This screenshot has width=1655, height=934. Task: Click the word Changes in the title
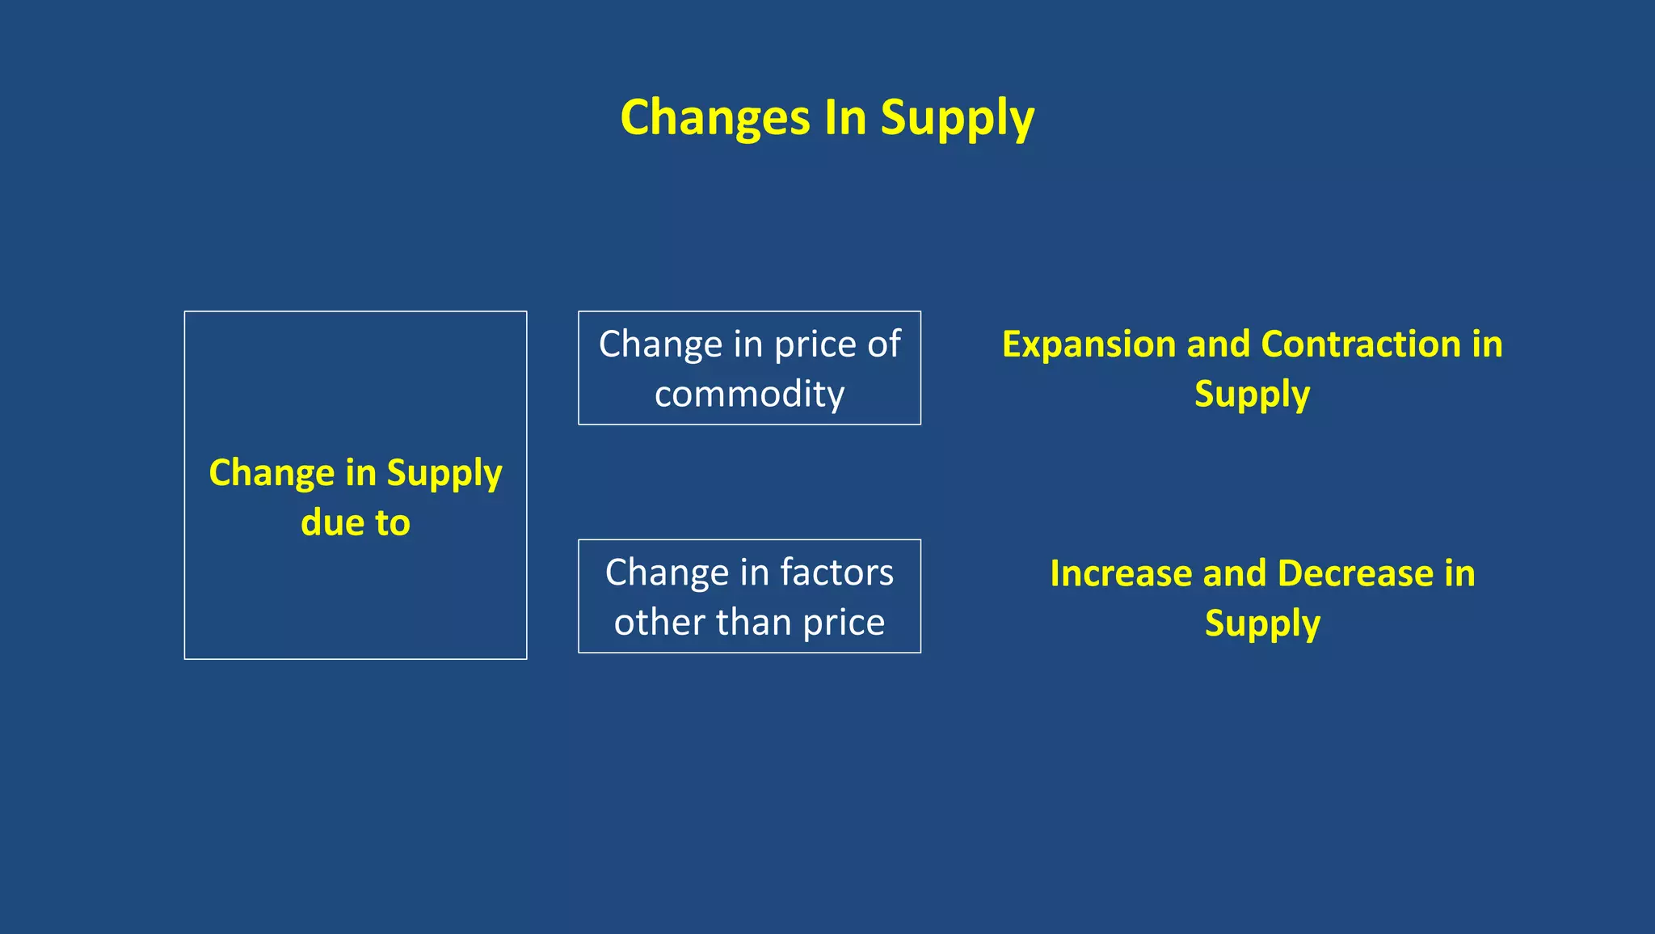pyautogui.click(x=714, y=119)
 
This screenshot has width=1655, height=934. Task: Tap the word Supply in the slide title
pyautogui.click(x=957, y=119)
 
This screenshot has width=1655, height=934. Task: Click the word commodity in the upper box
pyautogui.click(x=749, y=395)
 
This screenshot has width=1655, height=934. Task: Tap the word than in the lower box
pyautogui.click(x=753, y=623)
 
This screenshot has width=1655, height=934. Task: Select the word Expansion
pyautogui.click(x=1088, y=345)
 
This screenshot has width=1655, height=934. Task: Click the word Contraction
pyautogui.click(x=1360, y=344)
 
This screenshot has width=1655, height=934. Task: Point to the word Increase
pyautogui.click(x=1119, y=574)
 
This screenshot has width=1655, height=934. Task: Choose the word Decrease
pyautogui.click(x=1355, y=574)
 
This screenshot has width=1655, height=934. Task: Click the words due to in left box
pyautogui.click(x=356, y=523)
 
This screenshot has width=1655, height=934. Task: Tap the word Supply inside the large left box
pyautogui.click(x=444, y=474)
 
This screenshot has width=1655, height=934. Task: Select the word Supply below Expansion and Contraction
pyautogui.click(x=1252, y=395)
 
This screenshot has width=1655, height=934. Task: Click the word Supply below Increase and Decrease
pyautogui.click(x=1262, y=624)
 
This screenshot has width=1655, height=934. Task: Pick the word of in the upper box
pyautogui.click(x=883, y=345)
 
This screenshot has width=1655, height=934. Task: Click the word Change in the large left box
pyautogui.click(x=272, y=474)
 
